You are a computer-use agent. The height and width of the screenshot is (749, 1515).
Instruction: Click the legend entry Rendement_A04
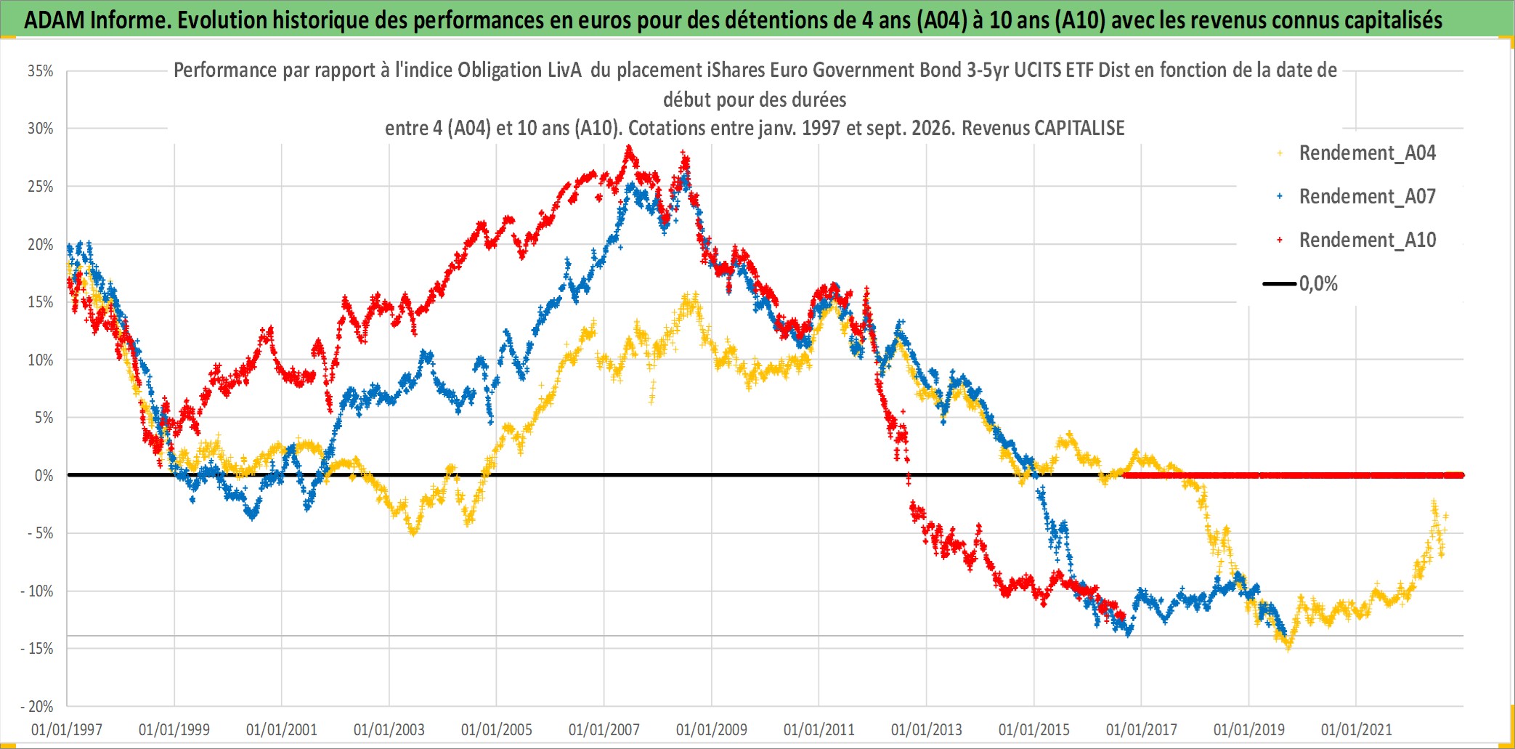click(1367, 153)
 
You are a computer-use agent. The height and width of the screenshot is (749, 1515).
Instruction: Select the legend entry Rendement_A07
click(1367, 197)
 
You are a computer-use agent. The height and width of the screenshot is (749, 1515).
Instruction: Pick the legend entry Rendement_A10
click(1367, 240)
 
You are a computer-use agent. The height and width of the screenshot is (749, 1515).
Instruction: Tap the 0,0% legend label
click(1318, 284)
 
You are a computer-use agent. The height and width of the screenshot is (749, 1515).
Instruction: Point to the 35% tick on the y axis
click(41, 71)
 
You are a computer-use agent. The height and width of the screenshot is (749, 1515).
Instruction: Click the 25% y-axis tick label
click(41, 187)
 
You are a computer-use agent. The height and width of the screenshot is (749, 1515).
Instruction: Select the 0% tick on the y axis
click(44, 476)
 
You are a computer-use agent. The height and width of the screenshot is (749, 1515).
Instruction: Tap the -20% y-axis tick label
click(37, 706)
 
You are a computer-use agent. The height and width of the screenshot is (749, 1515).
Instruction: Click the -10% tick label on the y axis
click(37, 591)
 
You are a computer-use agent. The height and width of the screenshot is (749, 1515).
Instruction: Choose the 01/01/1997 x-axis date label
click(67, 729)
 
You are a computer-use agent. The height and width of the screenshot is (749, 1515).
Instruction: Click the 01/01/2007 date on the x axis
click(604, 729)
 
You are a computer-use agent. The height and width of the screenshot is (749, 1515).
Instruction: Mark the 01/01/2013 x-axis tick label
click(927, 729)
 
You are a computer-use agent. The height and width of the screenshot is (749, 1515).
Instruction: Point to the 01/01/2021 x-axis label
click(1357, 729)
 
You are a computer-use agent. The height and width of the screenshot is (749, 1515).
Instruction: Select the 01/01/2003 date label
click(389, 729)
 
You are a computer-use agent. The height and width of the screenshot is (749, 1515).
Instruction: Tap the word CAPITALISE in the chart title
click(1079, 129)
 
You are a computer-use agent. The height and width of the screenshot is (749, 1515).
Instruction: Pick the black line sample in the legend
click(1280, 284)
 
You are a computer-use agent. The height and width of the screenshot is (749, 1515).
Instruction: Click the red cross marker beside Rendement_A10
click(1280, 240)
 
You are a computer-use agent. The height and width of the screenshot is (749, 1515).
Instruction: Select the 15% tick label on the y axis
click(41, 302)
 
